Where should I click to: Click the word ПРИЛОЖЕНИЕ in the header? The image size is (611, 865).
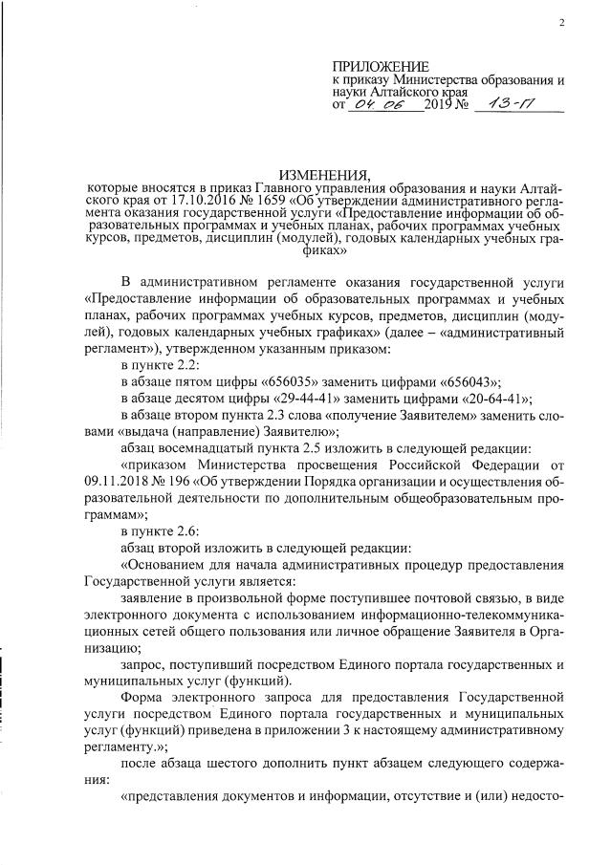tap(368, 66)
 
